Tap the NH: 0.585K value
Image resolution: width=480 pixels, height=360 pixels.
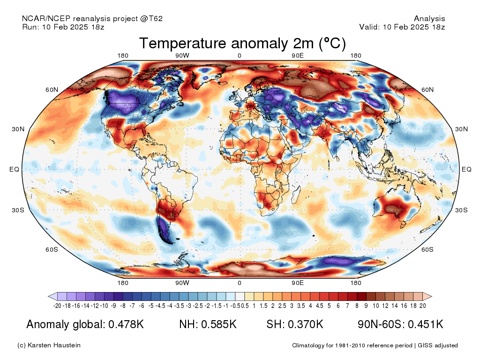pos(208,324)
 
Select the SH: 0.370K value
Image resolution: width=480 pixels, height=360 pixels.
pos(295,324)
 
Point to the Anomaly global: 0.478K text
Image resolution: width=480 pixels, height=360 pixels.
pos(85,324)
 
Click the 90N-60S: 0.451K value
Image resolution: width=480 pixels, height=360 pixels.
pos(400,324)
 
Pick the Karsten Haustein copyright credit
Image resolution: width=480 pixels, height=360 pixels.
pos(49,345)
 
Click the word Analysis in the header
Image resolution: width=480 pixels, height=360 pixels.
pos(429,19)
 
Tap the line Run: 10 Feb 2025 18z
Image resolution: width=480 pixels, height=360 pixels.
pos(63,27)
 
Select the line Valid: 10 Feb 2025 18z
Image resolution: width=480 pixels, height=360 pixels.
pos(402,27)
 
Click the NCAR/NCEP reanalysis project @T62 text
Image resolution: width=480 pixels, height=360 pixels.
pos(92,19)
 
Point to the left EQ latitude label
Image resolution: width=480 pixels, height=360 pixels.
pos(14,169)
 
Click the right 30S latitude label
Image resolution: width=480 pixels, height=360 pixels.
pos(461,210)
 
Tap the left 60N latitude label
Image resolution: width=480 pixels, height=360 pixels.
pos(52,90)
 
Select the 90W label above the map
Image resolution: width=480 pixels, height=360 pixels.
pos(182,55)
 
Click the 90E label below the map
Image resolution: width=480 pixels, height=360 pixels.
pos(298,283)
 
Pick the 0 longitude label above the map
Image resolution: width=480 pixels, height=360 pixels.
pos(240,55)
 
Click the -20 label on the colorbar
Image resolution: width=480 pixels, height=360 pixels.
pos(57,306)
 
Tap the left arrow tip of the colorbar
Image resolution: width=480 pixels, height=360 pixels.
pos(48,296)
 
